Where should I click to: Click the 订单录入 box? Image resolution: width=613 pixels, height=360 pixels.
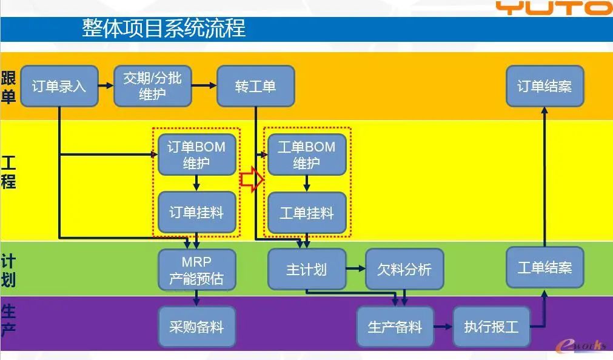[x=59, y=86]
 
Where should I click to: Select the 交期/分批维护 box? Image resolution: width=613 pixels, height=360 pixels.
[x=152, y=86]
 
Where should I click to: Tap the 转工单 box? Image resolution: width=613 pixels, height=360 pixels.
[x=255, y=86]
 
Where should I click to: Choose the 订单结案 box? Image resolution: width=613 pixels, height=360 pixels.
[x=544, y=86]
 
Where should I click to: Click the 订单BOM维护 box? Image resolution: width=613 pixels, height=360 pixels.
[x=196, y=155]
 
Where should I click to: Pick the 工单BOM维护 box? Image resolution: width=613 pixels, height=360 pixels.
[x=306, y=155]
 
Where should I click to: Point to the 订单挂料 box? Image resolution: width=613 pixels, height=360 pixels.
[x=196, y=213]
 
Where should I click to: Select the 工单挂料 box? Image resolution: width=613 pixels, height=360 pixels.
[x=306, y=213]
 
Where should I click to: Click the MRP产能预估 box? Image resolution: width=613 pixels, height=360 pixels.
[x=196, y=270]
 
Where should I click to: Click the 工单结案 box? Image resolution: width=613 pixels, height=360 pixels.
[x=544, y=267]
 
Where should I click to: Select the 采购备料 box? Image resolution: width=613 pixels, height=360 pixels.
[x=196, y=327]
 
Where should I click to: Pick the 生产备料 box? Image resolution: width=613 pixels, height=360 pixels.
[x=395, y=327]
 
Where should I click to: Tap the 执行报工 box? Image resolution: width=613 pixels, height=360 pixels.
[x=491, y=327]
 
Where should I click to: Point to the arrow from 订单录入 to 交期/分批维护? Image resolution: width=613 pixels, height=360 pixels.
[x=106, y=86]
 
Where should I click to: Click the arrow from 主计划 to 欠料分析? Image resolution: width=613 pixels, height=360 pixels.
[x=356, y=268]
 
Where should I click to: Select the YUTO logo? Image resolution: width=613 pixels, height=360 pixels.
[x=554, y=7]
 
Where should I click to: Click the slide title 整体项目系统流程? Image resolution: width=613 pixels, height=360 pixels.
[x=164, y=28]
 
